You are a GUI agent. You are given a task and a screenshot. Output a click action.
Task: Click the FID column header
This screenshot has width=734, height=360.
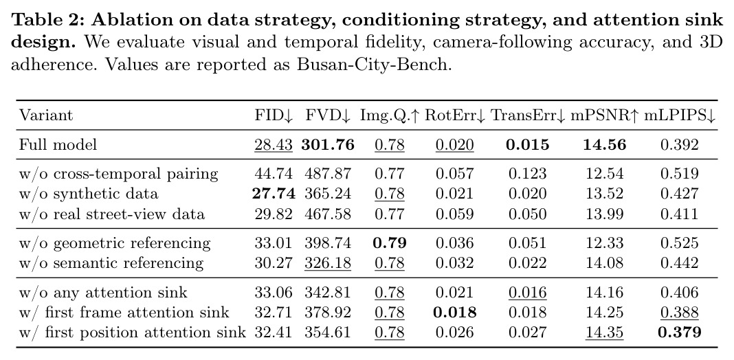(274, 115)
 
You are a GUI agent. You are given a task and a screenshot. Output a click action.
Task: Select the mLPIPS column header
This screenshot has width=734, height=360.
(680, 115)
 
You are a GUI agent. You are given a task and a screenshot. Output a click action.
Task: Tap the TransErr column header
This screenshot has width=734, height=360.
(528, 115)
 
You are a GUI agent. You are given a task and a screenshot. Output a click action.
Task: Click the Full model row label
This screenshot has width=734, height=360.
(58, 145)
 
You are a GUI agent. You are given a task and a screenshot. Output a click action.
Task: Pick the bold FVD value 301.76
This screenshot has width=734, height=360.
(328, 145)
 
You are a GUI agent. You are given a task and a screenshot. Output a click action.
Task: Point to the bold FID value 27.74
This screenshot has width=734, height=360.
(274, 194)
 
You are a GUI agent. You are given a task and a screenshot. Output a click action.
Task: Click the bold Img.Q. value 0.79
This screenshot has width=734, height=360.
(390, 243)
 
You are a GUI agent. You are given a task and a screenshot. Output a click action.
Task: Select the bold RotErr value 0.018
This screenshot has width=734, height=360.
(454, 312)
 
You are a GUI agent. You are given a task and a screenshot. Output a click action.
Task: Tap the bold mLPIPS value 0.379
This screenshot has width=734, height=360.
(680, 333)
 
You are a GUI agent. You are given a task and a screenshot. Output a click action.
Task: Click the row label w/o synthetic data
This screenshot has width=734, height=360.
(89, 194)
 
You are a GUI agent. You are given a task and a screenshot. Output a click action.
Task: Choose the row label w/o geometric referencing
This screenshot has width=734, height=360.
(115, 243)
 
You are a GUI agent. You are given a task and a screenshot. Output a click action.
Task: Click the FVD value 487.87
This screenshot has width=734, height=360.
(328, 174)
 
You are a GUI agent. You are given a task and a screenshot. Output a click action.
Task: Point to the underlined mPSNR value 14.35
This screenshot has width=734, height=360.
(604, 333)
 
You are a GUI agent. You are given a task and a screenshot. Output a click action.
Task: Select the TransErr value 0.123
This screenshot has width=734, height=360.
(528, 174)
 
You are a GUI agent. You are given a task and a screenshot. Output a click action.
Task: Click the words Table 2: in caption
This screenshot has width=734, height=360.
(47, 20)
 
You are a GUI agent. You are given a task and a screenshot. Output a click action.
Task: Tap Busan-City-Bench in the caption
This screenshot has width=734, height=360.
(373, 64)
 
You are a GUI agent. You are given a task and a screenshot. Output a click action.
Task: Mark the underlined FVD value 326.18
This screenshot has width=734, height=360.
(328, 263)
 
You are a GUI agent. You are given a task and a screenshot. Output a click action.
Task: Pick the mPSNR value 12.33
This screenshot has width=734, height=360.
(604, 243)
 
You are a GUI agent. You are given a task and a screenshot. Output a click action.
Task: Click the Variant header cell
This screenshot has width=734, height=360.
(46, 115)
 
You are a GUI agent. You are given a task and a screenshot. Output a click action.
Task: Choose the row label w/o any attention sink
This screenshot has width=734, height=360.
(103, 293)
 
